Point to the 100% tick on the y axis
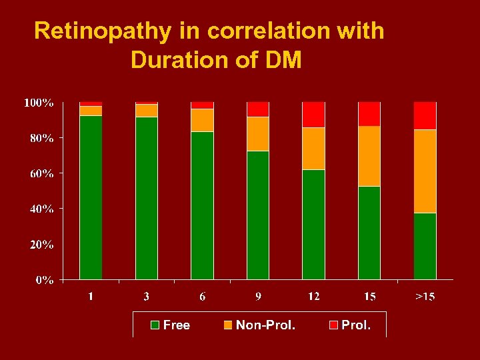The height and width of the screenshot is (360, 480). (39, 103)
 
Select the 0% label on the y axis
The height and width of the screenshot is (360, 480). (44, 280)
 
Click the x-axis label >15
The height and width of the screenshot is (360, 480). (425, 296)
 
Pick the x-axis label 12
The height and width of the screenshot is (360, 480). (313, 296)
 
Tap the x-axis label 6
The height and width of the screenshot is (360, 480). (202, 296)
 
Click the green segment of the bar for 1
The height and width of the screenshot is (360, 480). (91, 197)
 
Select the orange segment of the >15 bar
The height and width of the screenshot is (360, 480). (425, 171)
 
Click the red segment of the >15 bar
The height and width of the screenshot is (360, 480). (425, 115)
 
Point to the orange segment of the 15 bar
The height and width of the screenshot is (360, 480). (369, 156)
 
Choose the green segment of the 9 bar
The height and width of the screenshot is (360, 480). (258, 215)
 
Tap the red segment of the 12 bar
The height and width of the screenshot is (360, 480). (313, 115)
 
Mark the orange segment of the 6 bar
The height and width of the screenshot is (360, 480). (202, 120)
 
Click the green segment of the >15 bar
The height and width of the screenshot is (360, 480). (425, 246)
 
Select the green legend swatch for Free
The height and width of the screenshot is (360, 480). (155, 325)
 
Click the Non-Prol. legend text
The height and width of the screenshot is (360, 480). (265, 325)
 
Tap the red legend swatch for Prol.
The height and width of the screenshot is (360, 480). (333, 325)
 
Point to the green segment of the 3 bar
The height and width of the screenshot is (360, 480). (147, 198)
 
